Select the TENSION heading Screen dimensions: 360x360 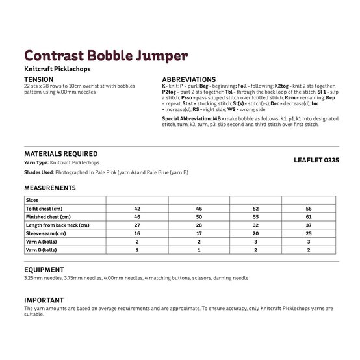pos(38,79)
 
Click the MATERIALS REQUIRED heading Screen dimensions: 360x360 pos(61,154)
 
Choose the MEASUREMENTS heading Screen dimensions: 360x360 pos(50,188)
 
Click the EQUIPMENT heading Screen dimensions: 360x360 pos(44,269)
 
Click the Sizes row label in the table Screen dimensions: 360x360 pos(33,201)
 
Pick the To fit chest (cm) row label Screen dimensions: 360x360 pos(49,209)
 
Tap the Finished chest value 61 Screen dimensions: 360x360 pos(308,217)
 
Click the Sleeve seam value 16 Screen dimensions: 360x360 pos(137,233)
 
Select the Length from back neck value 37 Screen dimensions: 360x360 pos(308,225)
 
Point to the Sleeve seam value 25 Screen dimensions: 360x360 pos(308,233)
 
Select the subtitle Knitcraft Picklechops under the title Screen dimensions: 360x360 pos(54,69)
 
